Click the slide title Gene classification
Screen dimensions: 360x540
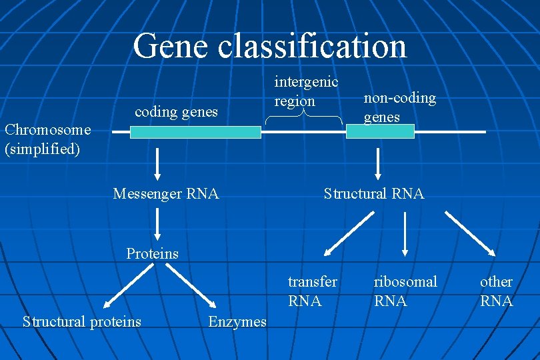[269, 46]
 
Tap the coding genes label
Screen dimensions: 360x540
[176, 112]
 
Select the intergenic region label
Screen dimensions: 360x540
[306, 91]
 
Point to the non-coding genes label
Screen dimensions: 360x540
[399, 107]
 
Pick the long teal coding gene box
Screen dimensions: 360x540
[195, 132]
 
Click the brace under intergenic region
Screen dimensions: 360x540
[304, 117]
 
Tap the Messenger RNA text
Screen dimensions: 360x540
[166, 194]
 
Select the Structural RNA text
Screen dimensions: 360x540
[373, 194]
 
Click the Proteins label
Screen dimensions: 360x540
[153, 253]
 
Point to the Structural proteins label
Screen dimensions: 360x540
[82, 322]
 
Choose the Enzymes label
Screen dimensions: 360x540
[237, 322]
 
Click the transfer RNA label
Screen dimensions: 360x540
[312, 291]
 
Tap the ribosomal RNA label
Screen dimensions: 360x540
[405, 291]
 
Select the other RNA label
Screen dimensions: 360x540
[496, 291]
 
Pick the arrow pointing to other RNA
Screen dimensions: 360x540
[470, 233]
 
